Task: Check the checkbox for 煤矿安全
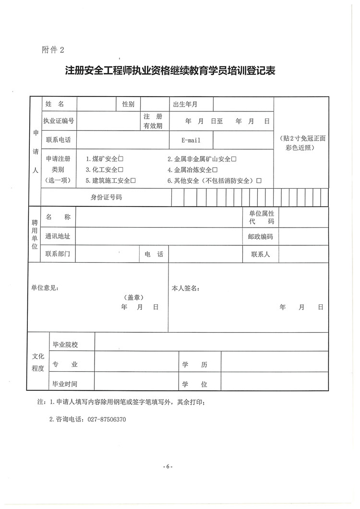point(121,159)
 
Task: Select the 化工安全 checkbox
point(121,170)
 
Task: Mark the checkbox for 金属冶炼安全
point(215,170)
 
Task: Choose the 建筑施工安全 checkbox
point(133,181)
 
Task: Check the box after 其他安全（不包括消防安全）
point(259,181)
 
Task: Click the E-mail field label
point(191,140)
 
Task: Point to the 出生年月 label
point(185,104)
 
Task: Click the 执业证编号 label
point(59,121)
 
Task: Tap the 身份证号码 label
point(106,196)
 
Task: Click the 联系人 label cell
point(260,254)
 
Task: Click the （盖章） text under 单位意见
point(133,297)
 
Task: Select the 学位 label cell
point(194,384)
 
